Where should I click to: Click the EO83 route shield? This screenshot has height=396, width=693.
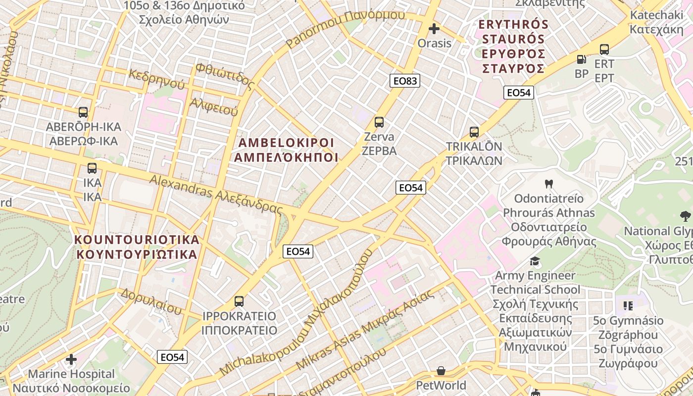[405, 81]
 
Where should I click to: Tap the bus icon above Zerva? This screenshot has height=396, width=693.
[379, 122]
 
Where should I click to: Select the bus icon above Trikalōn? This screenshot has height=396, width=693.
[474, 132]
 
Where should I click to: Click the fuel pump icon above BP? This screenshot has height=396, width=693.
[581, 59]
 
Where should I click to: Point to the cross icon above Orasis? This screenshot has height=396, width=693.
[434, 29]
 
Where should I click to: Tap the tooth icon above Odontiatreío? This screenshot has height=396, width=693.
[548, 184]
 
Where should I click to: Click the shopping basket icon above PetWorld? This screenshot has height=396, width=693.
[441, 371]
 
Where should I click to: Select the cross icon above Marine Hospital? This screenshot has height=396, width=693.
[71, 359]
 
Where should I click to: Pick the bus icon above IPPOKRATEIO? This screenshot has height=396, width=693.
[239, 301]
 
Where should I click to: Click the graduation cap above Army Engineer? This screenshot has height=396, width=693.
[535, 261]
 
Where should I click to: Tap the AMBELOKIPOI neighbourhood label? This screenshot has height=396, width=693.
[286, 150]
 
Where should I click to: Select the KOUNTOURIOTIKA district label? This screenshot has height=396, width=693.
[136, 247]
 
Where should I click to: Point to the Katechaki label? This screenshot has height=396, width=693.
[656, 22]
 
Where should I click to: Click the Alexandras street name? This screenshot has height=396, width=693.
[216, 194]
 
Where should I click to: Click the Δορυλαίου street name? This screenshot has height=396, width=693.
[151, 300]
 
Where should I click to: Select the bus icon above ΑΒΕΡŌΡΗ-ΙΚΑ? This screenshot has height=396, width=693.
[83, 112]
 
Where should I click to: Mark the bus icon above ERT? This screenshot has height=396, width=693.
[604, 49]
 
